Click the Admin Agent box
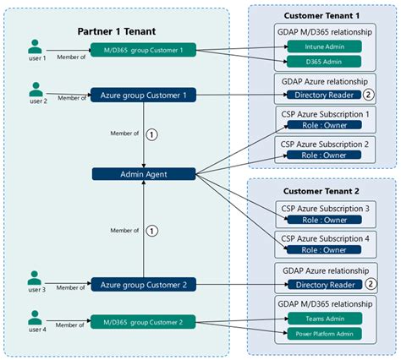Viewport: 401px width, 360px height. (143, 173)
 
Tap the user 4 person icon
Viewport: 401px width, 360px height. (35, 318)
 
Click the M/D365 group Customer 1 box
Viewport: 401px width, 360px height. (143, 51)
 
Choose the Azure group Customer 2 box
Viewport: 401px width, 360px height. (143, 284)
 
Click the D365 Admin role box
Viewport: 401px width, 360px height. (324, 61)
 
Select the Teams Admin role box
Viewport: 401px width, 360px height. (324, 318)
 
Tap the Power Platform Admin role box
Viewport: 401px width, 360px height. (324, 334)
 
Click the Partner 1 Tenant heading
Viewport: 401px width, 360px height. (117, 31)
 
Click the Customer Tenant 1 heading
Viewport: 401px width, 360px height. (321, 14)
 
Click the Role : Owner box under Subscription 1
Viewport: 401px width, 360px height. (324, 124)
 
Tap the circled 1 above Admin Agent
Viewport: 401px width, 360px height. (152, 133)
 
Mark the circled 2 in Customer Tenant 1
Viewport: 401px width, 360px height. (369, 95)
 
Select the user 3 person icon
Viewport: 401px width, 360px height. (35, 278)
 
